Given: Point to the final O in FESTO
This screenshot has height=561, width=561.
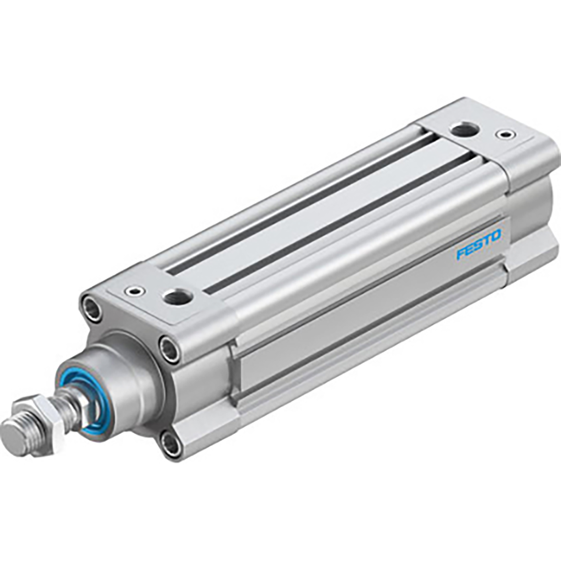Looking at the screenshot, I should pos(496,236).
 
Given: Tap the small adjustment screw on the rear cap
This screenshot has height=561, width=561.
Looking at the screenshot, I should pos(504,135).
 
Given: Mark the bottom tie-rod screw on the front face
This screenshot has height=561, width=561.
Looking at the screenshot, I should pos(172,443).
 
